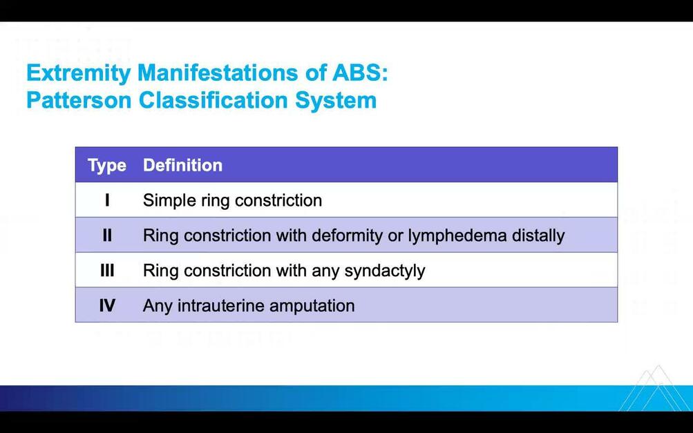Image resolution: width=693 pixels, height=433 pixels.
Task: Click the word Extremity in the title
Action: coord(78,73)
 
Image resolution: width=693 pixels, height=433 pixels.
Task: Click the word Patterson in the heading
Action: coord(79,100)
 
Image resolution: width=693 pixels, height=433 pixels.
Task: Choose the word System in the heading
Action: coord(336,101)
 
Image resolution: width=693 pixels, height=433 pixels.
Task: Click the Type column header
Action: coord(107,165)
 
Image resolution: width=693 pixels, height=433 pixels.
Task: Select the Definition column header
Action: coord(182,165)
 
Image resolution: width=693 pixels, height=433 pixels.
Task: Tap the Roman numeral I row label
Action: coord(107,200)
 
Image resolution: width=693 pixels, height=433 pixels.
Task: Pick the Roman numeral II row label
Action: coord(107,235)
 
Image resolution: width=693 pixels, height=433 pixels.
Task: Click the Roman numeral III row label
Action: coord(107,270)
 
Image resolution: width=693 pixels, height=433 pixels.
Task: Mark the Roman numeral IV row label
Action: coord(107,305)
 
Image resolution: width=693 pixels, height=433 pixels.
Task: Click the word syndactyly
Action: coord(385,271)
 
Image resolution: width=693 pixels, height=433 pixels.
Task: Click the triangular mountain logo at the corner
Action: coord(653,388)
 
